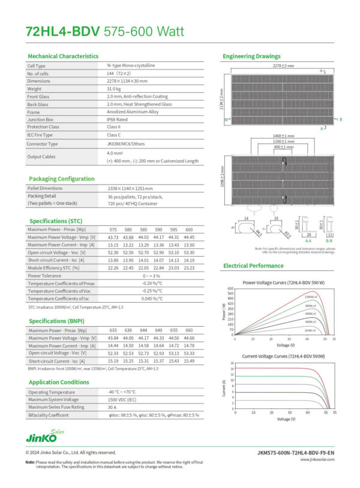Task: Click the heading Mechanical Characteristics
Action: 63,55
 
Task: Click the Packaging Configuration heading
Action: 61,179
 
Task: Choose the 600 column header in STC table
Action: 189,230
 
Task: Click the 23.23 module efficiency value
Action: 189,268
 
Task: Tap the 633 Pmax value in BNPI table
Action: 113,330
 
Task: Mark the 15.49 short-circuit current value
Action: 189,361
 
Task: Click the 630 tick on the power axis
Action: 230,288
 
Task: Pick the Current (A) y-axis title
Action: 223,388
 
